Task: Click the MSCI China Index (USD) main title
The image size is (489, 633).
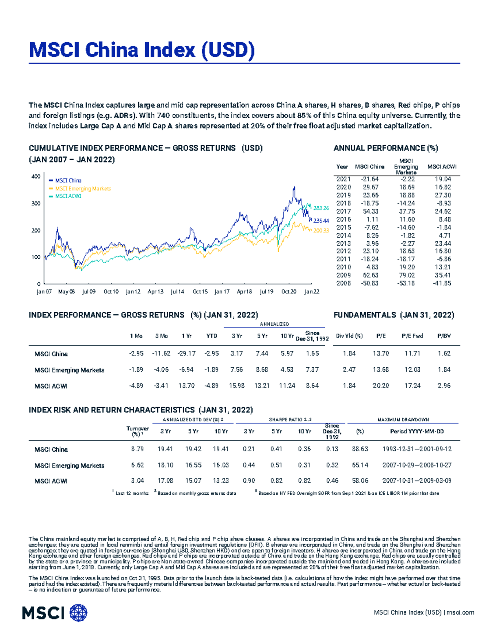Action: [142, 50]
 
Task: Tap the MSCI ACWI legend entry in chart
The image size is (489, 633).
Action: [68, 196]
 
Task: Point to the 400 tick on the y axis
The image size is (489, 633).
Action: [36, 176]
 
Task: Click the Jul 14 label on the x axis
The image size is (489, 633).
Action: [177, 292]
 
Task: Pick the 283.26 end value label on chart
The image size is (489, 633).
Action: [321, 208]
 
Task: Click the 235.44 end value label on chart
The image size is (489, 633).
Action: [321, 221]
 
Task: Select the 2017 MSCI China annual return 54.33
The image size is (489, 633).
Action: [370, 211]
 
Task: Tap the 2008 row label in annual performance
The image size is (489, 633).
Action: [343, 283]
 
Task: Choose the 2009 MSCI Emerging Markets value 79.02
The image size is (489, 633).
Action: [406, 275]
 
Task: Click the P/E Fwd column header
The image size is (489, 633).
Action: [412, 336]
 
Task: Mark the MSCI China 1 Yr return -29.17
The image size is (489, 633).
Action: [186, 353]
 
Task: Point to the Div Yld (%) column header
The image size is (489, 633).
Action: [349, 336]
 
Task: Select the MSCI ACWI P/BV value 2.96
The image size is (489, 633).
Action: [444, 386]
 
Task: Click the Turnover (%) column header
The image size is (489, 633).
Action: [137, 431]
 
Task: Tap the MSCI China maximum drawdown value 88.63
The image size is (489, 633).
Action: [360, 449]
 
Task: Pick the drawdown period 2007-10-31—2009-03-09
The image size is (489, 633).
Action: [417, 481]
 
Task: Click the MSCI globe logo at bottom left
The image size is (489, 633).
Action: [78, 613]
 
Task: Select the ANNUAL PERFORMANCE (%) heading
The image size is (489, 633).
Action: [385, 148]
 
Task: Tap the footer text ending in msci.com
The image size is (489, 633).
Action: [424, 613]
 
